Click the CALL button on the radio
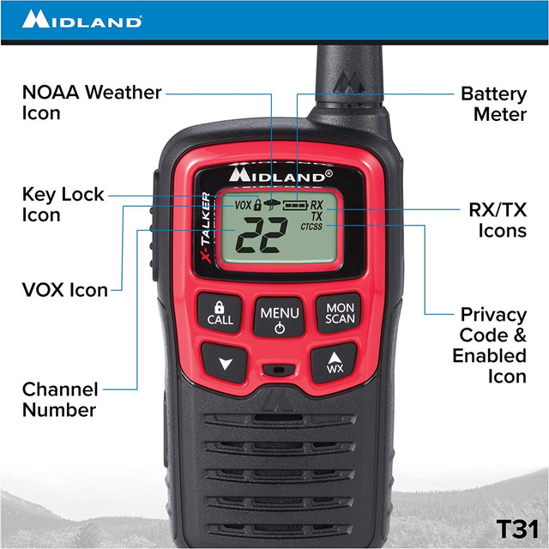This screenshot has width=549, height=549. tap(220, 312)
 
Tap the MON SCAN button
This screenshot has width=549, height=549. tap(340, 312)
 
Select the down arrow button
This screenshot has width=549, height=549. tap(226, 364)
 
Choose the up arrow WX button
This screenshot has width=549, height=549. tap(335, 364)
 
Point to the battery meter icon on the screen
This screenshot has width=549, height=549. tap(294, 206)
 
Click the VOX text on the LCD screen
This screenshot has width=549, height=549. tap(242, 206)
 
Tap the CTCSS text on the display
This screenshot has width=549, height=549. tap(313, 228)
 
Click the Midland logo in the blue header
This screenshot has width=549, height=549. tap(82, 19)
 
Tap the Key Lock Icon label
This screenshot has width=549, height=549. tap(63, 204)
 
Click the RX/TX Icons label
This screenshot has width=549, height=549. tap(498, 220)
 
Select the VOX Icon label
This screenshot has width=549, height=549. tap(65, 290)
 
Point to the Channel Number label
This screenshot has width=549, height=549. tap(60, 399)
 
